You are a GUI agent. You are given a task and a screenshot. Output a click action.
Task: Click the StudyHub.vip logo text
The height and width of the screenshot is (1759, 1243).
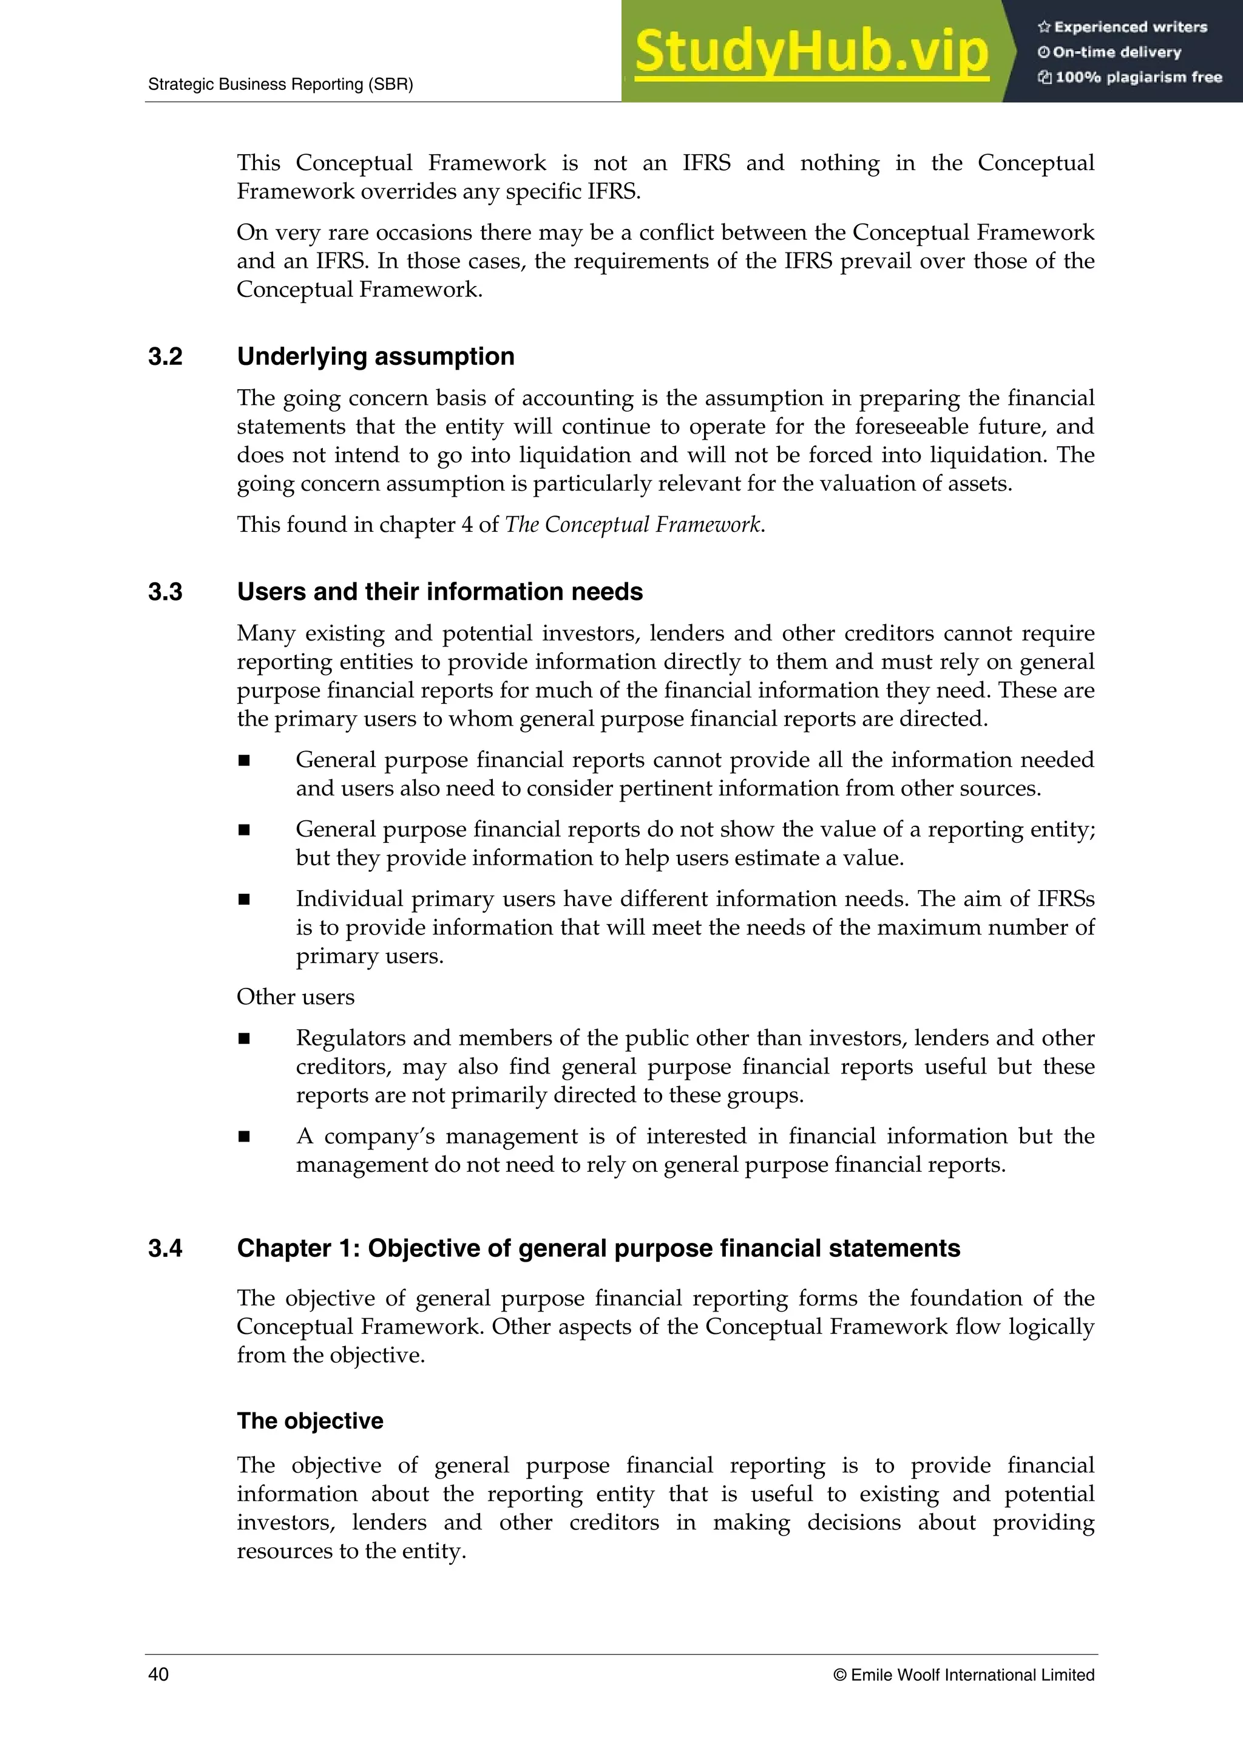pos(811,52)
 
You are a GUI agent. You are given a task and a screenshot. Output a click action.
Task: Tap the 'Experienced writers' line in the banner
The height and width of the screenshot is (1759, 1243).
pos(1123,27)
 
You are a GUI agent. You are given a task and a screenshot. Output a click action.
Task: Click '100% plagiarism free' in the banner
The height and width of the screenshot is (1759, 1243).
pos(1131,77)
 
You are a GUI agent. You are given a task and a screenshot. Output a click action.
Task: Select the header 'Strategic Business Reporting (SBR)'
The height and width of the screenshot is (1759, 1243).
pos(280,84)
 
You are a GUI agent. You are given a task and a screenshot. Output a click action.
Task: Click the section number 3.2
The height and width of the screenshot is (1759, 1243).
pos(166,357)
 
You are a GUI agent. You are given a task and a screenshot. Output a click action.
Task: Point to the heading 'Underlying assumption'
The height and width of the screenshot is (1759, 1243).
pos(375,357)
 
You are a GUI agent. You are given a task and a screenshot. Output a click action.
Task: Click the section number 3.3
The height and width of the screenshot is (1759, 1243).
pos(166,592)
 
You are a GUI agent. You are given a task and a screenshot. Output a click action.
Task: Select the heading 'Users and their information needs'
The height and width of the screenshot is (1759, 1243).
pos(439,592)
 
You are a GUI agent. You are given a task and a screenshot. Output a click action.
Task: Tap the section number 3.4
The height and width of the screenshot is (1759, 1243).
pos(166,1248)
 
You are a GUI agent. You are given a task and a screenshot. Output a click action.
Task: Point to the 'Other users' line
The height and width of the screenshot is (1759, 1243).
pos(296,997)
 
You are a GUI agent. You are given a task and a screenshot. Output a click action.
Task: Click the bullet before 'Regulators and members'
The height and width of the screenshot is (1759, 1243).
pos(245,1039)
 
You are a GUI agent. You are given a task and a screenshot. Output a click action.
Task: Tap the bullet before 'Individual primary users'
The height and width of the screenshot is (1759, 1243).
pos(245,899)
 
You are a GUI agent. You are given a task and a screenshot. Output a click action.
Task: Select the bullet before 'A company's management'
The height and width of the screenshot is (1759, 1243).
pos(245,1137)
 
